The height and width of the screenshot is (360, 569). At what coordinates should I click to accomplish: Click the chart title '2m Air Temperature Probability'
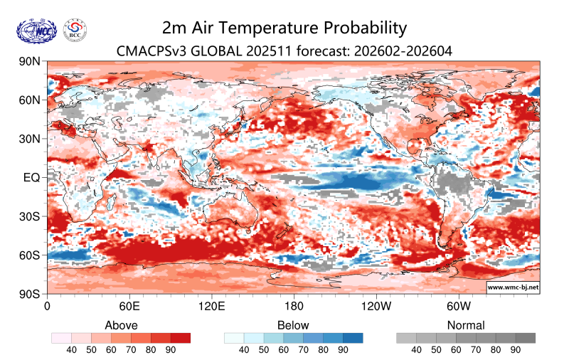(284, 28)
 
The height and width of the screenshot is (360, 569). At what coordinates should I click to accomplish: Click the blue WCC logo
(36, 30)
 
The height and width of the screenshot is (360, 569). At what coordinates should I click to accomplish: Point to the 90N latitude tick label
(29, 62)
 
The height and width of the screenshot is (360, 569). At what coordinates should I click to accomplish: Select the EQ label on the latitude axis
(31, 177)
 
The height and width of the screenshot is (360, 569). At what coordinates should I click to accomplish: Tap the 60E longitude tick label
(129, 307)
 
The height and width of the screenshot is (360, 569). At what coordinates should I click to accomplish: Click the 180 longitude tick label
(294, 307)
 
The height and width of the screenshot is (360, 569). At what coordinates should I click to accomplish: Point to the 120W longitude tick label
(376, 307)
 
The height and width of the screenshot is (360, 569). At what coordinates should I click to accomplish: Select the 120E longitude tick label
(212, 307)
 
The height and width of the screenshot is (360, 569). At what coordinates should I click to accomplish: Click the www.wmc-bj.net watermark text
(512, 287)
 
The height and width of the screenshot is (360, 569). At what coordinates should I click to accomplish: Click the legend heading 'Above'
(121, 325)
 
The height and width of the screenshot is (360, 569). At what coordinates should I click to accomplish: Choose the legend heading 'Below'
(294, 325)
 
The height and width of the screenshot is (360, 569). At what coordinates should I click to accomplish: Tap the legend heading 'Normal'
(466, 325)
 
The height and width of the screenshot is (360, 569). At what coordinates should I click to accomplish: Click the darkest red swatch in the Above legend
(181, 338)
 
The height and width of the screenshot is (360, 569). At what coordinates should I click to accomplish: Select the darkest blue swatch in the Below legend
(353, 338)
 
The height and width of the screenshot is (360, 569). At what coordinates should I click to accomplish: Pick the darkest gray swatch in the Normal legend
(525, 338)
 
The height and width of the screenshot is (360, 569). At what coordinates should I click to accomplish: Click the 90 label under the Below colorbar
(344, 350)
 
